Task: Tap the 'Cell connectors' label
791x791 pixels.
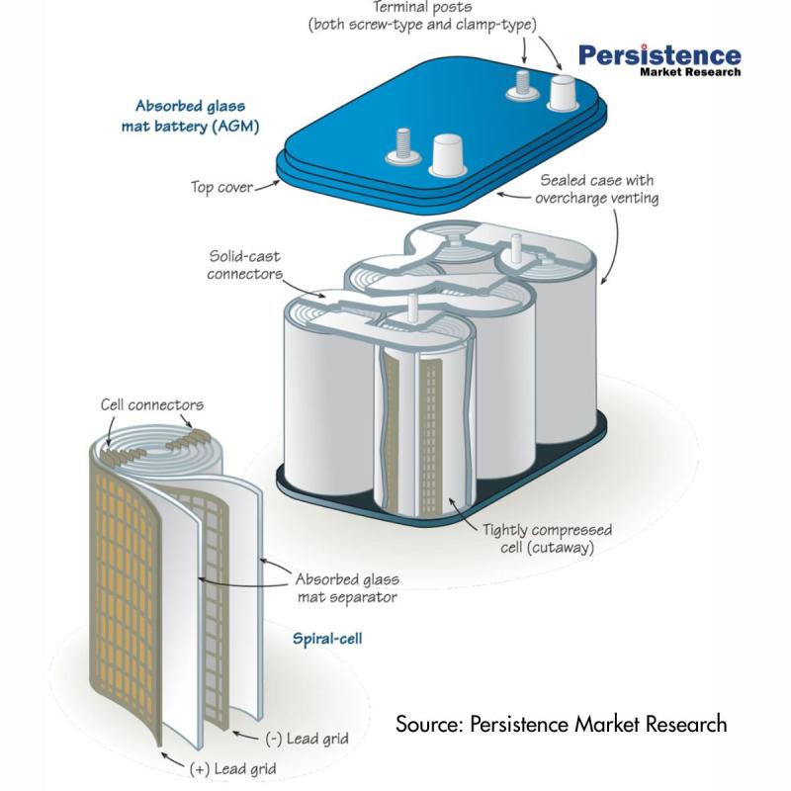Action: [x=152, y=405]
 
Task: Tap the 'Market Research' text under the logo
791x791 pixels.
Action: [x=689, y=72]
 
